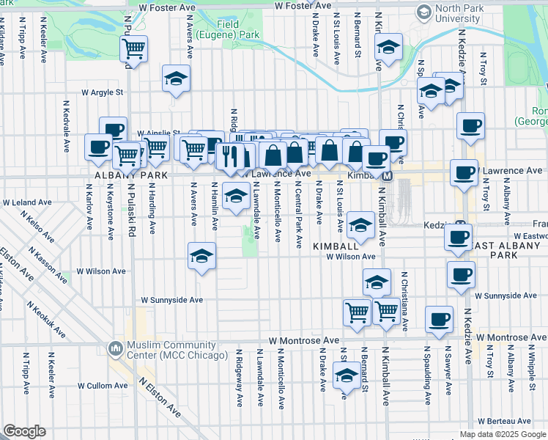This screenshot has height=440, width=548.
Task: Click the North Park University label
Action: [x=459, y=14]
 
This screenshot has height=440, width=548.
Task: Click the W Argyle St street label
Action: [x=103, y=93]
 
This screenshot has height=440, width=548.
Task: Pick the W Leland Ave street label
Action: [x=27, y=202]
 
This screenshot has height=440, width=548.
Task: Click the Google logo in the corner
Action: [x=24, y=431]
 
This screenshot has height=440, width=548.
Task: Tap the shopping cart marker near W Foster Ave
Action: [x=134, y=48]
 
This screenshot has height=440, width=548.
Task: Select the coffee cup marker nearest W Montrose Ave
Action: [x=439, y=320]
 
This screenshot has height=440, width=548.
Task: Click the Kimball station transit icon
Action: [x=388, y=176]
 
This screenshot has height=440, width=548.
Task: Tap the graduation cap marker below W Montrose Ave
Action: [x=347, y=377]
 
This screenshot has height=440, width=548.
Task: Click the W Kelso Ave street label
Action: [x=37, y=227]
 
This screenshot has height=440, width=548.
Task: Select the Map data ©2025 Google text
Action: [x=502, y=434]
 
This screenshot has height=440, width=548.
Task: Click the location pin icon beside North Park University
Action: [x=423, y=12]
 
